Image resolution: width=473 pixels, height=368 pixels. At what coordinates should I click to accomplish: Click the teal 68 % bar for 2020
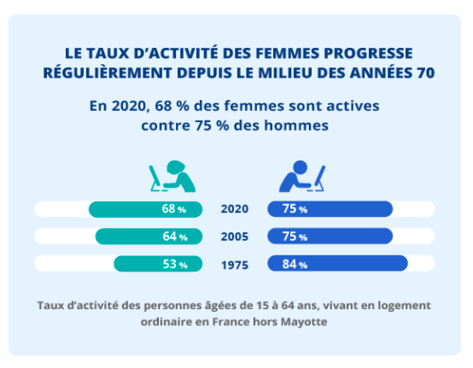pos(145,209)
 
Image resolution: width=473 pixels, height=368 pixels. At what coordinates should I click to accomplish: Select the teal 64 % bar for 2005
pos(149,237)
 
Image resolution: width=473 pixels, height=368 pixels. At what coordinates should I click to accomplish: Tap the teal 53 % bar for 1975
pos(158,264)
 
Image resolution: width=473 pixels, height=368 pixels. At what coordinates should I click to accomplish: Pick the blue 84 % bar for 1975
pos(337,263)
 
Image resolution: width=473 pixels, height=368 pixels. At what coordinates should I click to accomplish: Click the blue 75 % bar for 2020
pos(330,208)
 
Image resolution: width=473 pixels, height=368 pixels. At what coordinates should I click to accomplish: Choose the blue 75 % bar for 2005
pos(330,236)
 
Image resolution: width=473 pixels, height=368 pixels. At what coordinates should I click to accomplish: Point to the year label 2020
pos(235,208)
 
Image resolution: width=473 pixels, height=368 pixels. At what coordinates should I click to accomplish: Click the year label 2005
pos(235,237)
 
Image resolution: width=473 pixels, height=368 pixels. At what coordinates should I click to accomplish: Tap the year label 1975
pos(235,266)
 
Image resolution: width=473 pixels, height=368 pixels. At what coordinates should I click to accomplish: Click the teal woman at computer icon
pos(172,177)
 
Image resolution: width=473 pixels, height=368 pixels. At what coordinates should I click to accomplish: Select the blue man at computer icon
pos(302,176)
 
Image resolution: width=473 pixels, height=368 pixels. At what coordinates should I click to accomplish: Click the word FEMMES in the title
pos(288,54)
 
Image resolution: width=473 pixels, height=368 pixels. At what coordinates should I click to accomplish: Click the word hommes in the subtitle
pos(296,126)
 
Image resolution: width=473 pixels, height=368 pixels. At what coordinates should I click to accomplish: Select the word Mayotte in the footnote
pos(304,322)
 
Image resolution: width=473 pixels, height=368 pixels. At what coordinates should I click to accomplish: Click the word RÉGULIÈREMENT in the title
pos(108,73)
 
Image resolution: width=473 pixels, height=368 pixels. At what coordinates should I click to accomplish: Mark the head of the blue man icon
pos(301,166)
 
